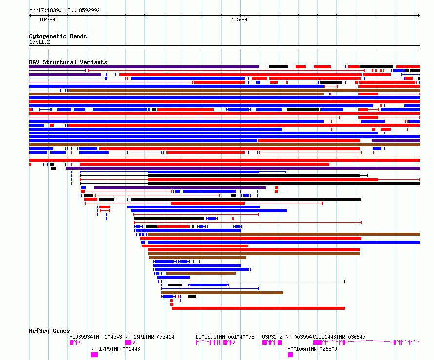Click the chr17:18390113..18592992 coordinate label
[64, 10]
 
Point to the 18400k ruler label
[48, 19]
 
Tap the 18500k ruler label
[240, 19]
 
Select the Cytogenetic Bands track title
[58, 36]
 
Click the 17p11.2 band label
[39, 42]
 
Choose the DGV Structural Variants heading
[68, 62]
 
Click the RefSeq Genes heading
[49, 331]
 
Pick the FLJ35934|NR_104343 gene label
[96, 337]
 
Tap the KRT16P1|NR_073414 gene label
[150, 337]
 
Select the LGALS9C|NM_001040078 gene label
[225, 337]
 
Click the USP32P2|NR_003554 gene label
[287, 337]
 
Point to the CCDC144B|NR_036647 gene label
[339, 337]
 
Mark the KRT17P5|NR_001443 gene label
[116, 349]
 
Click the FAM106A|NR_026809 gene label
[312, 349]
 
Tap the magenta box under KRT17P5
[94, 355]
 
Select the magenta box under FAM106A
[290, 355]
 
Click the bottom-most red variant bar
[258, 308]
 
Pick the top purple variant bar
[144, 67]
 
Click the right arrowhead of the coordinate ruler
[419, 15]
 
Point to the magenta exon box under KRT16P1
[128, 342]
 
